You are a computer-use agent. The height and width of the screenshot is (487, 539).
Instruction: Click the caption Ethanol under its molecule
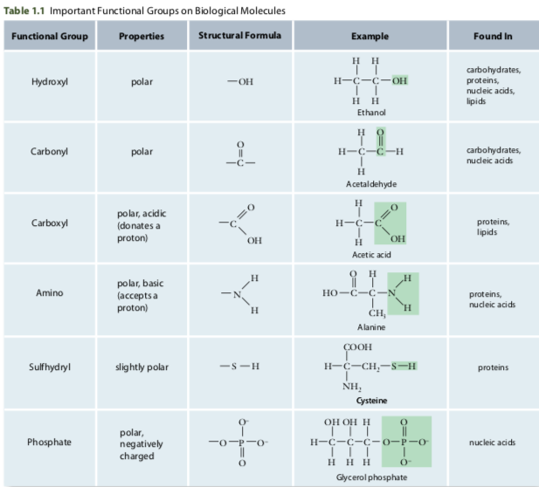tap(370, 113)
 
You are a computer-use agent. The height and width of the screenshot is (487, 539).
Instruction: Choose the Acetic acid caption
tap(370, 254)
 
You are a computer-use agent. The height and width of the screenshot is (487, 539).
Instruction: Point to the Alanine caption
tap(370, 326)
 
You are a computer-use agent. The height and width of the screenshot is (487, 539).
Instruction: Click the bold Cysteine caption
tap(370, 400)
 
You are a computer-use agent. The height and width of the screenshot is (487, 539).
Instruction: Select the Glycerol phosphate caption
tap(370, 477)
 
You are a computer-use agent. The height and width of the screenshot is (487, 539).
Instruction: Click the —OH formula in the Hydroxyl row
tap(239, 83)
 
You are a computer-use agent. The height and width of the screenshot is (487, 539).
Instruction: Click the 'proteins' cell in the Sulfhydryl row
tap(494, 367)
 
